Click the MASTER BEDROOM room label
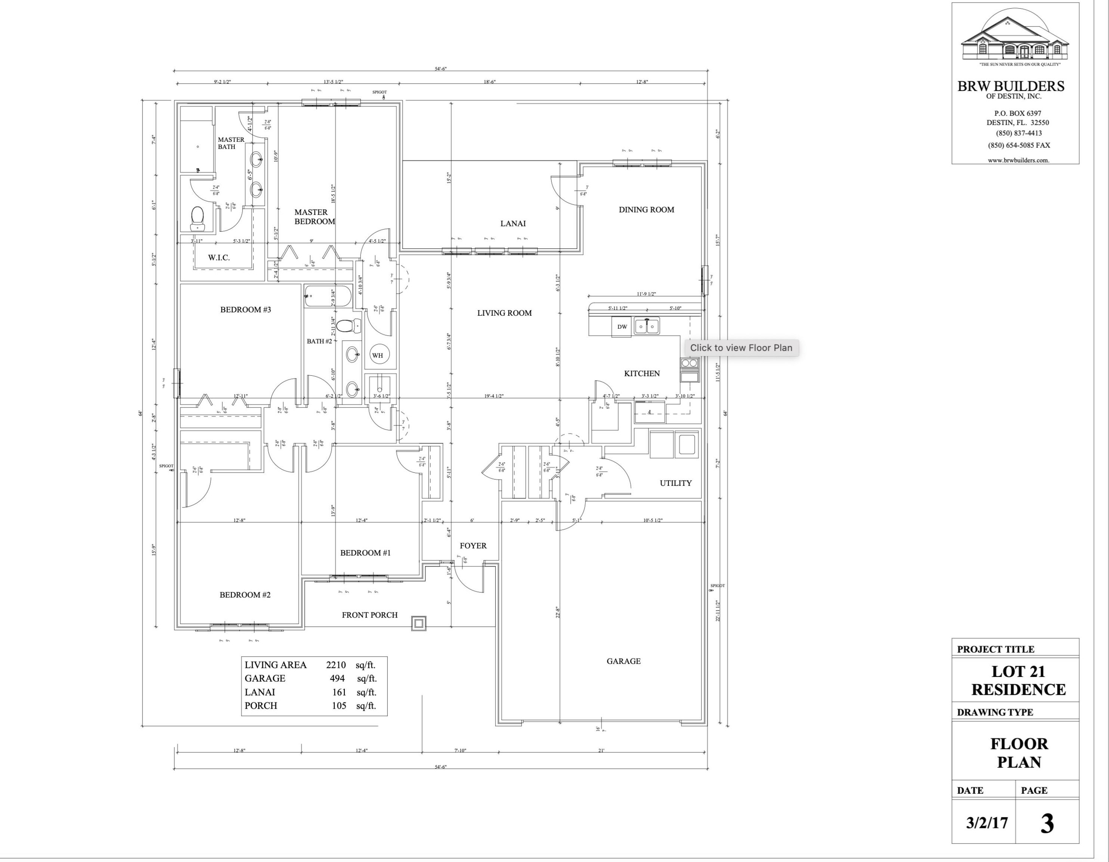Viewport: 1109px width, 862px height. (x=314, y=217)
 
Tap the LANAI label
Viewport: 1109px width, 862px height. (x=513, y=224)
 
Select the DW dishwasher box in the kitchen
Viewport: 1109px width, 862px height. (x=622, y=327)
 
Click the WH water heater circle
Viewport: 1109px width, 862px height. (x=377, y=355)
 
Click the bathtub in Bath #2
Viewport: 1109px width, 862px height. (x=328, y=296)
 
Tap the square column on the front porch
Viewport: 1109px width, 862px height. (x=418, y=624)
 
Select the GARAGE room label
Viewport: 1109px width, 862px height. (x=623, y=661)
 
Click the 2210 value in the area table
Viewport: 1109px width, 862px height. (x=335, y=665)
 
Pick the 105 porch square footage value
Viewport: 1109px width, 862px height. (x=339, y=706)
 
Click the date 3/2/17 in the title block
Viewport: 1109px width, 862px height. (x=987, y=823)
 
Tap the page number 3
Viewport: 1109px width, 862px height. (x=1047, y=824)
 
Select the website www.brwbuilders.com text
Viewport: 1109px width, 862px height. (x=1018, y=160)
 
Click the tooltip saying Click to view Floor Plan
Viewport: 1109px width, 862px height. (x=741, y=348)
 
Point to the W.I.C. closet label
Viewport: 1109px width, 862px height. (x=219, y=258)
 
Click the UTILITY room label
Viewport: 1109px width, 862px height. (x=675, y=483)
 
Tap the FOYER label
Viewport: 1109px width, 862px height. (x=473, y=546)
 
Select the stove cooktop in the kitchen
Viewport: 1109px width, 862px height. (x=690, y=363)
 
